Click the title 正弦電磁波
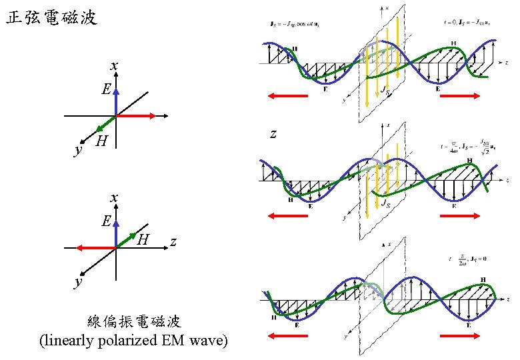tap(52, 18)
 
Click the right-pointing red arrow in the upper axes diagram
tap(137, 116)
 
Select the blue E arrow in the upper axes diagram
tap(116, 101)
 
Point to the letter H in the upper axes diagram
tap(101, 141)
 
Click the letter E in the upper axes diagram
tap(106, 89)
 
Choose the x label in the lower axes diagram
tap(115, 197)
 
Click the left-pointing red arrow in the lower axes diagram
tap(95, 248)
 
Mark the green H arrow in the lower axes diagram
tap(127, 240)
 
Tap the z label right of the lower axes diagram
tap(173, 241)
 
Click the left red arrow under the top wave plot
tap(287, 96)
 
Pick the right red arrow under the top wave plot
tap(460, 96)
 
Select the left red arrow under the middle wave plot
tap(287, 215)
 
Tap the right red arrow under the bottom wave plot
tap(460, 335)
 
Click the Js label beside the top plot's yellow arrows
tap(385, 89)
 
